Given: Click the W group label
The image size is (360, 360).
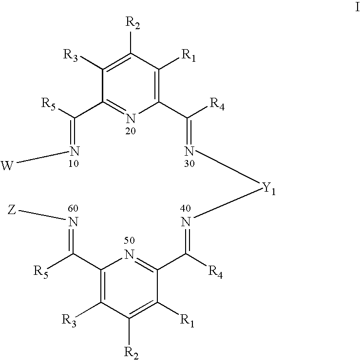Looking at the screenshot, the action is coord(7,165).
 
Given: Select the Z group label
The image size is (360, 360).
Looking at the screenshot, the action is coord(12,210).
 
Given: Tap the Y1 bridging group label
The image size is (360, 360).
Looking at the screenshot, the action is coord(269,189).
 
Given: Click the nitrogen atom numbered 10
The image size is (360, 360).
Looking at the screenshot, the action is coord(75,151).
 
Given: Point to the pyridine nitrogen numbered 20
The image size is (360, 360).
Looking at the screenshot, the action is coord(131,118).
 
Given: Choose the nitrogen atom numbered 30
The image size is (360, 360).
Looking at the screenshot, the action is coord(189,151).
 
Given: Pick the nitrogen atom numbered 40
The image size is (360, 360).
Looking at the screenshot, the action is coord(186,222).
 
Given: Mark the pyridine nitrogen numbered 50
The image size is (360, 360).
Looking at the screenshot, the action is coord(130,254).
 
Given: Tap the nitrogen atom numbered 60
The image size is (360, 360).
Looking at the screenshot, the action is coord(73,222).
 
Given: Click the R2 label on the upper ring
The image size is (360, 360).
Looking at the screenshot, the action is coord(133,23).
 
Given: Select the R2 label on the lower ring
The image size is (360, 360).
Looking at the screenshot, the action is coord(131,353).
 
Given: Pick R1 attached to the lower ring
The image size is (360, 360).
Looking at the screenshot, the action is coord(187,321).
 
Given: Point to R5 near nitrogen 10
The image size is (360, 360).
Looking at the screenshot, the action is coord(49,104).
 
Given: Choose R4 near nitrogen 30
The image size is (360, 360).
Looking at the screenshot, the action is coord(217,104).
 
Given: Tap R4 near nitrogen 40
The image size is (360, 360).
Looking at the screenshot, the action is coord(215,272).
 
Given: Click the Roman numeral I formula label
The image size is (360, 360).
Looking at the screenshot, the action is coord(357,7).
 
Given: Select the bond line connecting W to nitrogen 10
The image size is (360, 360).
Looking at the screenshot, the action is coord(43,157).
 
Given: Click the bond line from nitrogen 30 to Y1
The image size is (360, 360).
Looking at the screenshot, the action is coord(228,167).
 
